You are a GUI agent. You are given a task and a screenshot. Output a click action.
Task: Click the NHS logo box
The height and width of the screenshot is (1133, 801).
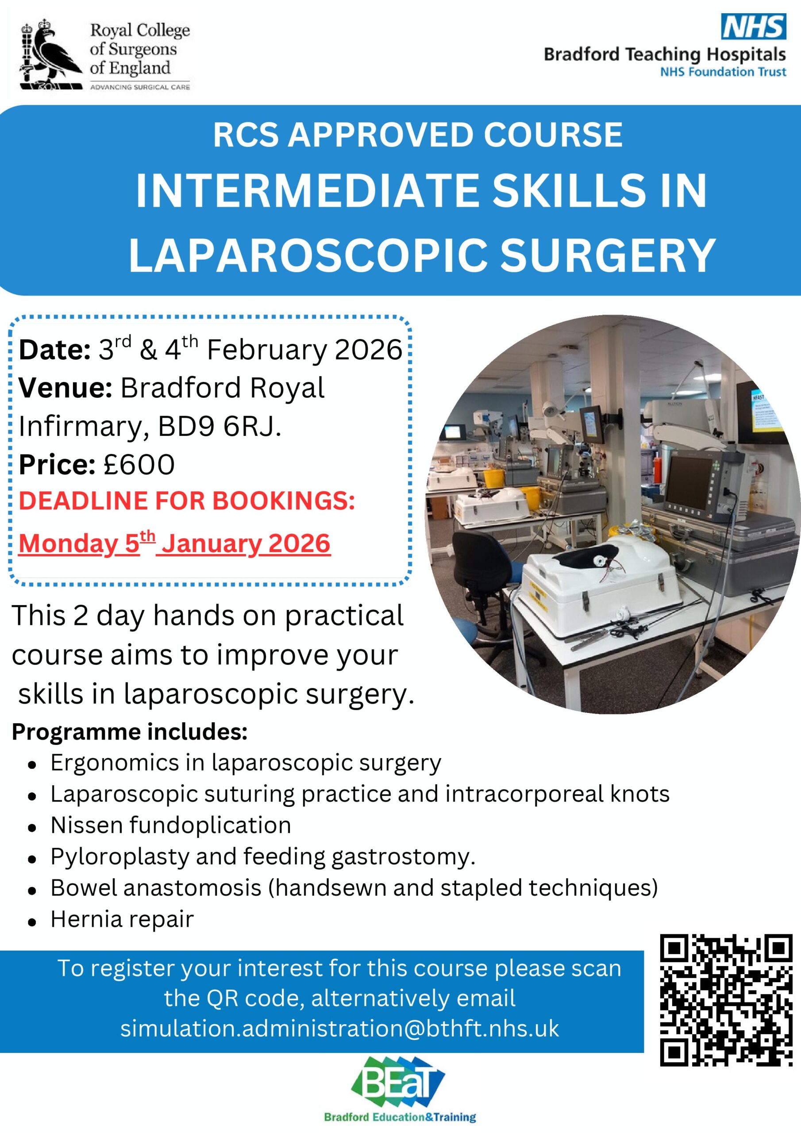[753, 27]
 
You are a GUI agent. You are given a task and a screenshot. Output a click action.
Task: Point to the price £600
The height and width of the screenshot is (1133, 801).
[139, 464]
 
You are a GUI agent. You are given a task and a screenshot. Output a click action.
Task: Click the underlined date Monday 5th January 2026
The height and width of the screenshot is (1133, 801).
[174, 544]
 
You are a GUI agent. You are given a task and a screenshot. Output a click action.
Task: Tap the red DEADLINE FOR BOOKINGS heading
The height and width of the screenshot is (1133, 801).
[187, 501]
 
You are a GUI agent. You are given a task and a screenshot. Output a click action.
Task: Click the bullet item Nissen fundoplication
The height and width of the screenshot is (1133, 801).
[171, 825]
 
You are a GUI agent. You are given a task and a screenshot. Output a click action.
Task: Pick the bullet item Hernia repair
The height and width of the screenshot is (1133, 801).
[122, 919]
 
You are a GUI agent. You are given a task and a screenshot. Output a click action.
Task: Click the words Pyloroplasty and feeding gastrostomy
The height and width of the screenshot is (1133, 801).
[262, 857]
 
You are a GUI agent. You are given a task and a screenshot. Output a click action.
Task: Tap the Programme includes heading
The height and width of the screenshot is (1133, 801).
[129, 732]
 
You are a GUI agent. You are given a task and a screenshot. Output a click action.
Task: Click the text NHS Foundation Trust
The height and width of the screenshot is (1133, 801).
[723, 72]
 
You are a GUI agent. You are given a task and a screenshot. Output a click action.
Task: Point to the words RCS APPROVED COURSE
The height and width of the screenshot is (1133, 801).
[417, 135]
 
